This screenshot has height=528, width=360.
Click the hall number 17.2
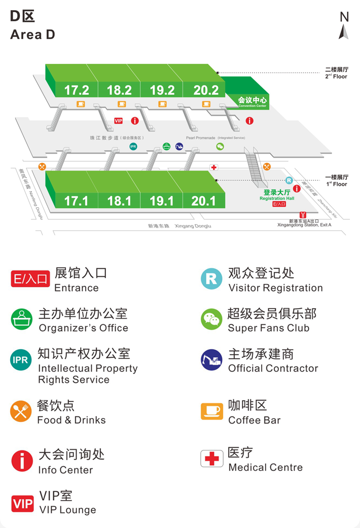click(77, 90)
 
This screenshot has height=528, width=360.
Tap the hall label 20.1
click(203, 201)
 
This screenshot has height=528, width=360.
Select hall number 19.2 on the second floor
click(162, 90)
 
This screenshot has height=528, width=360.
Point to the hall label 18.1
click(119, 201)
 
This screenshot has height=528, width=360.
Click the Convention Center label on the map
click(251, 101)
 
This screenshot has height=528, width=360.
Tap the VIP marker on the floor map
click(119, 121)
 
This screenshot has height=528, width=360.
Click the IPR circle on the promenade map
click(133, 147)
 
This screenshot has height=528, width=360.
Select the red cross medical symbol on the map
click(214, 167)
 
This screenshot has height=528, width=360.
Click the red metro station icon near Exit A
click(303, 215)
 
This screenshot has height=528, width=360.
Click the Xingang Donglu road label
click(193, 226)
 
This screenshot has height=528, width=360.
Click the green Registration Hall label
click(277, 195)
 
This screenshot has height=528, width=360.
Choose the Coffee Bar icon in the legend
click(211, 411)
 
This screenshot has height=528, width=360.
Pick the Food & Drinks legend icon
click(21, 411)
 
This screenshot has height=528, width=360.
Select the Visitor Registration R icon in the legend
click(211, 279)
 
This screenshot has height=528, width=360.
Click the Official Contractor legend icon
click(211, 360)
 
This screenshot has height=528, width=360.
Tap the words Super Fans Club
click(268, 328)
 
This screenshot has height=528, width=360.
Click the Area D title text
click(32, 34)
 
